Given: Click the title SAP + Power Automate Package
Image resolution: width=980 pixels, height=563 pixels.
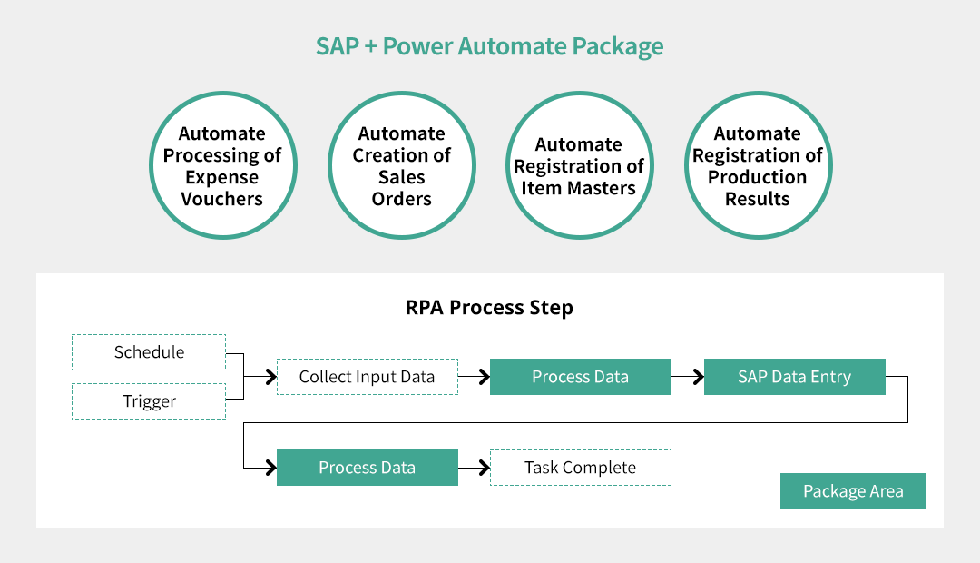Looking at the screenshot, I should (489, 46).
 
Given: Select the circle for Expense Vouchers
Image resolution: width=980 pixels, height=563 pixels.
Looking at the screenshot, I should (222, 165).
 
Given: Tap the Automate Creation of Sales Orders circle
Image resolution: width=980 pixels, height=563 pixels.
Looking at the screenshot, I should (401, 165).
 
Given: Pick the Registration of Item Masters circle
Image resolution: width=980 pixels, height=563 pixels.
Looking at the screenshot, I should (579, 165).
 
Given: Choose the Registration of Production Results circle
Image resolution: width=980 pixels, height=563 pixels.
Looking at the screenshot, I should (758, 165).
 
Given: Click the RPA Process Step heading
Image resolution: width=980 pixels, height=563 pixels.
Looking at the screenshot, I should (489, 308).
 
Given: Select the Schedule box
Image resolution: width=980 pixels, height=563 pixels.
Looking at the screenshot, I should (149, 352).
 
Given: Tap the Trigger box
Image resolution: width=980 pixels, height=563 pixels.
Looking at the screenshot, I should (149, 401).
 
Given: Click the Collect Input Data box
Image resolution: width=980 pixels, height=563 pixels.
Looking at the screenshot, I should (367, 377).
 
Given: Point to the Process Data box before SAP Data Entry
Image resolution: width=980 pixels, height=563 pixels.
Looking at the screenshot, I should (581, 377).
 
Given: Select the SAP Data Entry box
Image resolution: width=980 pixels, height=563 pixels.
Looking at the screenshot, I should (795, 377).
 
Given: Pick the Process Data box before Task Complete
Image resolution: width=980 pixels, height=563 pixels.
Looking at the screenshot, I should (367, 468).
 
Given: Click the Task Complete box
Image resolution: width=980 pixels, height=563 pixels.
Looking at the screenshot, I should (581, 468).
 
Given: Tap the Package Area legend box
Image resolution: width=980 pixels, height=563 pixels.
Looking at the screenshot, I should (853, 491).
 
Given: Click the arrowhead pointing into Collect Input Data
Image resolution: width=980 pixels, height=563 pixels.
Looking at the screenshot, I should (269, 377).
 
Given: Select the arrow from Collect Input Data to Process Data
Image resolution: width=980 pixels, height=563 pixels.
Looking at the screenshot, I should (474, 377).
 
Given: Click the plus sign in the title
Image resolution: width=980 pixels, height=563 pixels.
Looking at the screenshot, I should (371, 47).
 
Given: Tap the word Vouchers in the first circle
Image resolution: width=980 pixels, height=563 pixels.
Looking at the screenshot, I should (222, 199).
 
